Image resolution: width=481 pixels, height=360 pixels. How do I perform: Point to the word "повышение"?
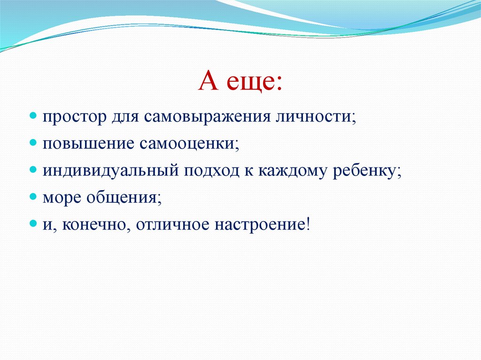[x=89, y=143]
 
